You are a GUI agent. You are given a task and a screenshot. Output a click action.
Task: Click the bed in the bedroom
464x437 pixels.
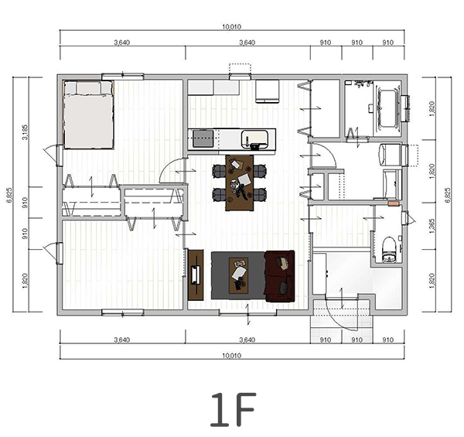point(88,114)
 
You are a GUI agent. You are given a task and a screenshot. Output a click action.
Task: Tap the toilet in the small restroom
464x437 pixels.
point(389,249)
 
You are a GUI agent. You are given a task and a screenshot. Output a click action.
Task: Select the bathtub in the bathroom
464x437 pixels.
point(388,108)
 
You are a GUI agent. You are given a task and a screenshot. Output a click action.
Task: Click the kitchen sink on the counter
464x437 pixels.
point(254,139)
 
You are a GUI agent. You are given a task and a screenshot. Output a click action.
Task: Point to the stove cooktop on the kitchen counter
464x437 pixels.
point(203,138)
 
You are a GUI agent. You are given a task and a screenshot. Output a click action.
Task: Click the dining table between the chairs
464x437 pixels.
point(240,183)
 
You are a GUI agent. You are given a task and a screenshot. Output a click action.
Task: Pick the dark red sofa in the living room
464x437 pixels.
point(280,276)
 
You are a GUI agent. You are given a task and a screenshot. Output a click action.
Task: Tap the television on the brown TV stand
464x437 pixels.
point(196,275)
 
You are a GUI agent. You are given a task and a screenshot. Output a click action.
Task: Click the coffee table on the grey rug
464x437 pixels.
point(238,276)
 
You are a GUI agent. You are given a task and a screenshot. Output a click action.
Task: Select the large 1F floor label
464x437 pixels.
point(233,409)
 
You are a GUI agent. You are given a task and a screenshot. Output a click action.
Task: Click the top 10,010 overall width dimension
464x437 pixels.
point(232,27)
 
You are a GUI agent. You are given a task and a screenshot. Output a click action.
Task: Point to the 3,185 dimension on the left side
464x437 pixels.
point(26,132)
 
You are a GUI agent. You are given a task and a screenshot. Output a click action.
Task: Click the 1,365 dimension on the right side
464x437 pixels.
point(432,227)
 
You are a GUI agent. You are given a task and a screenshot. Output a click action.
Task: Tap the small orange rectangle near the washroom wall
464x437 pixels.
point(394,203)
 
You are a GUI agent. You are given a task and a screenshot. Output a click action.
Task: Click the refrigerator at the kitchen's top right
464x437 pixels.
point(268,91)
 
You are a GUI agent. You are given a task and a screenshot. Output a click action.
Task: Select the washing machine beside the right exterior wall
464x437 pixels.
point(390,155)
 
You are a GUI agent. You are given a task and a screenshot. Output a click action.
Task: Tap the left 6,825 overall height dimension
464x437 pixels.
point(9,195)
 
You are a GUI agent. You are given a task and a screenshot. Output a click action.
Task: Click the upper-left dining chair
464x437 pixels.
point(220,171)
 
